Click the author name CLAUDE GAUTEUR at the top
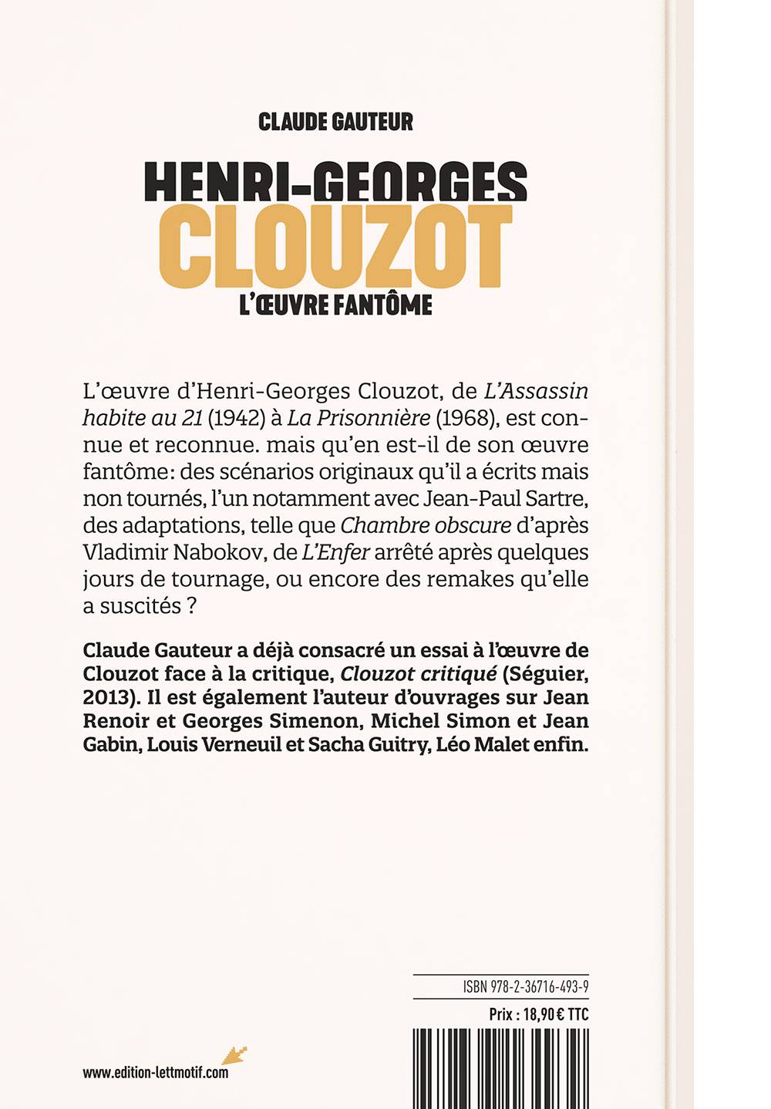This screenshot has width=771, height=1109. (335, 122)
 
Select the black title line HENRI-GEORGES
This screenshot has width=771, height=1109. (335, 181)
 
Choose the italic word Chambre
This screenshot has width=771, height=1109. (383, 525)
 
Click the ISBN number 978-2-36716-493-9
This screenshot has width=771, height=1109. (539, 987)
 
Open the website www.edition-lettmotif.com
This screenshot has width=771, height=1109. (155, 1072)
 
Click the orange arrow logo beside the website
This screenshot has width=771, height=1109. (234, 1054)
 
